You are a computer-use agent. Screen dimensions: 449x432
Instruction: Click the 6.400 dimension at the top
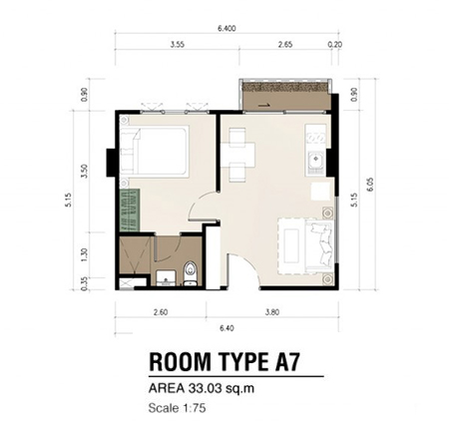226,29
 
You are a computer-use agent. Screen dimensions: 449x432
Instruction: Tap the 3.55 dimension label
178,44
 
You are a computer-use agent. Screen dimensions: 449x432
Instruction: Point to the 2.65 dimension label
285,44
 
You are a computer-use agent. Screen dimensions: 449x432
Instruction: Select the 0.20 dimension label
335,44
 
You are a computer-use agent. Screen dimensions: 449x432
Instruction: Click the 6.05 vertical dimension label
370,185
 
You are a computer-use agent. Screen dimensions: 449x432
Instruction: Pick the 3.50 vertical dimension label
85,172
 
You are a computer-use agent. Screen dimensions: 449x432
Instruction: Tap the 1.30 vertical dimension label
85,254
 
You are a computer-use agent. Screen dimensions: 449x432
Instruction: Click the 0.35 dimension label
85,284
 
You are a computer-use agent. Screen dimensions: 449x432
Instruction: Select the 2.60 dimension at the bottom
161,312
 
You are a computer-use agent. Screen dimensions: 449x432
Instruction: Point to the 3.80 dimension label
272,312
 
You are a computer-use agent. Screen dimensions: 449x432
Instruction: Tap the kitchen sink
315,162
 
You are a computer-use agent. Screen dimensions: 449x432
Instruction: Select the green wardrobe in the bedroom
130,211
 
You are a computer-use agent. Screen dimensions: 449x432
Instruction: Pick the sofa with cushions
319,245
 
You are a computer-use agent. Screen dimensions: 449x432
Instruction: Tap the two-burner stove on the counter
316,137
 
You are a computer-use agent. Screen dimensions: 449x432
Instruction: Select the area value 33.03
200,388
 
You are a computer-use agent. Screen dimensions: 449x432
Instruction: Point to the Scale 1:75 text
178,407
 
